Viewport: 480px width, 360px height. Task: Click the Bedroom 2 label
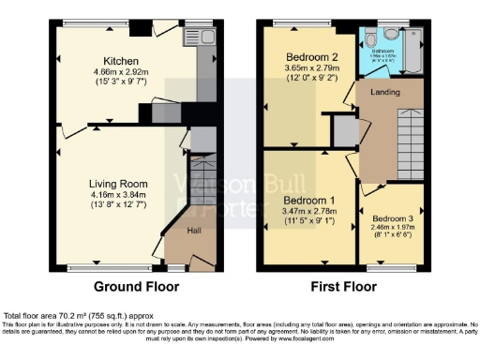[x=313, y=57]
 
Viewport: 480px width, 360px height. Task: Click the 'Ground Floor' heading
[x=130, y=287]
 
